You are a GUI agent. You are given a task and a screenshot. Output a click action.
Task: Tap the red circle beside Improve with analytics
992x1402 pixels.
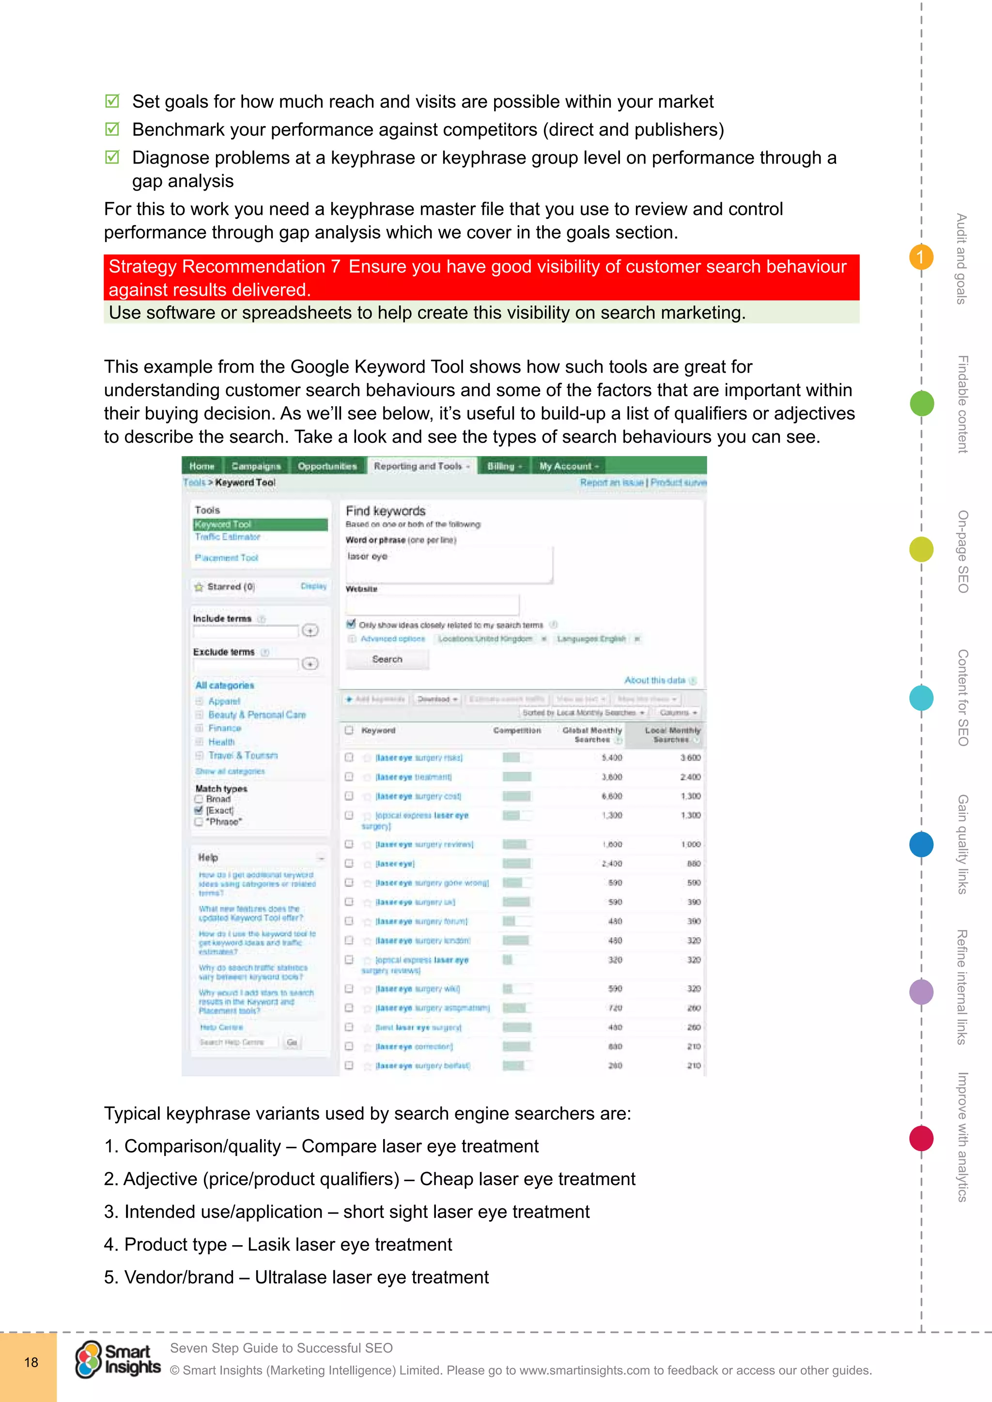[921, 1138]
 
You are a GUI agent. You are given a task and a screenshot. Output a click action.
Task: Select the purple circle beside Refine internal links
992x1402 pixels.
[921, 991]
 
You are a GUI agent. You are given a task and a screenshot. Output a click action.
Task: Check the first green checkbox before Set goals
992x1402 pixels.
[112, 101]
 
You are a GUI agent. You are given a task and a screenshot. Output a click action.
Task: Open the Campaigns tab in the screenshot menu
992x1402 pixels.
[256, 466]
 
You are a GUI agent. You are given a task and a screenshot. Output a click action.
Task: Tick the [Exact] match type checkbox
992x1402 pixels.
[199, 810]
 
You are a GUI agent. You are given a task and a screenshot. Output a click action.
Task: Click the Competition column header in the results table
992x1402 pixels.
[517, 731]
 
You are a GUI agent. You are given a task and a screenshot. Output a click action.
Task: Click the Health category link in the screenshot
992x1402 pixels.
[221, 742]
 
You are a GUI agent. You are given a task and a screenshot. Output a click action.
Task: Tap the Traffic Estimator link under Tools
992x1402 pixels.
[227, 537]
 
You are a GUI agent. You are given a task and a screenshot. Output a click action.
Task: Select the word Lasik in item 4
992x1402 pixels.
[267, 1244]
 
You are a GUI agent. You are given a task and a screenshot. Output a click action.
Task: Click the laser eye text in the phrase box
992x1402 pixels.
[367, 556]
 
